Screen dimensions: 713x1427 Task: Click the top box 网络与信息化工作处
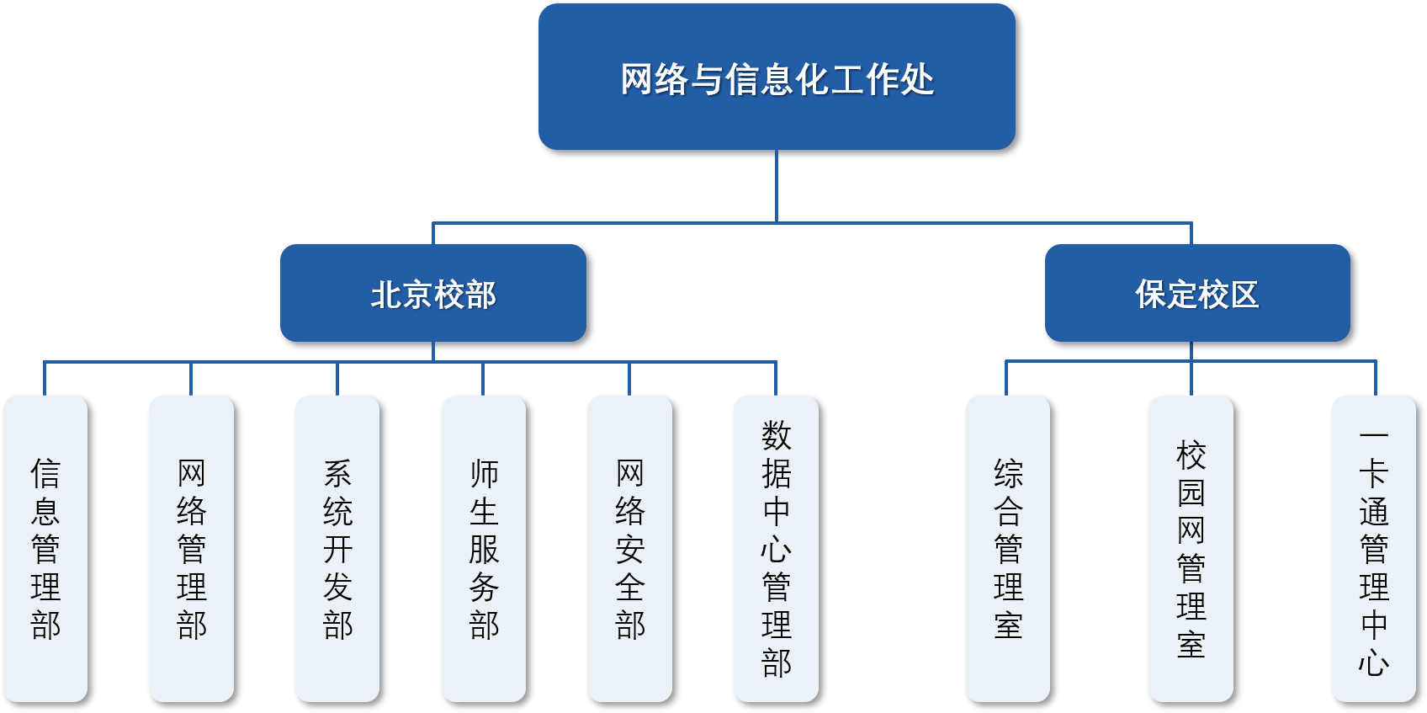[777, 77]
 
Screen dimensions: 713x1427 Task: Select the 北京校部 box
[432, 293]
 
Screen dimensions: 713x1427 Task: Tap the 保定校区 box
[1196, 293]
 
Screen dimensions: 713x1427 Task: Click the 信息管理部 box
[45, 548]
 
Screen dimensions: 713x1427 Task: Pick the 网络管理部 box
[191, 548]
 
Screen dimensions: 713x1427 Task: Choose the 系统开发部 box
[337, 548]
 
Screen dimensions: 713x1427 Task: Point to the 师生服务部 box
[483, 548]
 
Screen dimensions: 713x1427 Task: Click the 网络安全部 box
[629, 548]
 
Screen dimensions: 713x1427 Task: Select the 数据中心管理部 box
[776, 548]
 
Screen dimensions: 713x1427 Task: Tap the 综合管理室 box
[1007, 548]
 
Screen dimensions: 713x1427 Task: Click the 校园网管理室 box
[1191, 548]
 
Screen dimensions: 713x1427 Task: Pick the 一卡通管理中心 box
[1373, 548]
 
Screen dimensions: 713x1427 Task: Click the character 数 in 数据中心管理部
[776, 436]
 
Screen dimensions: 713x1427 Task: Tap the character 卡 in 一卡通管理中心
[1373, 474]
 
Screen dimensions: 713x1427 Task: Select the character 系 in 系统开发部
[337, 474]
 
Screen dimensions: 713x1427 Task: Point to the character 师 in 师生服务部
[484, 474]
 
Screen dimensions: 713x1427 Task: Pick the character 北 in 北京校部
[386, 295]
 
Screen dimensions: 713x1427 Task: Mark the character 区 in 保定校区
[1244, 295]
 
